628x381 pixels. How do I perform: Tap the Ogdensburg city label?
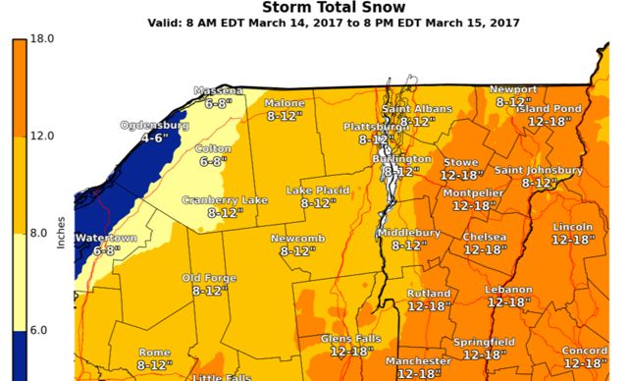[x=154, y=126]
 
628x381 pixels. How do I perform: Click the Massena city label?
[x=218, y=90]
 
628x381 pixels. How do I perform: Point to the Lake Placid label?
[x=319, y=190]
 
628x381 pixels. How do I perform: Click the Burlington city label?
[x=401, y=158]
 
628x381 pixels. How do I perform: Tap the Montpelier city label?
[x=473, y=192]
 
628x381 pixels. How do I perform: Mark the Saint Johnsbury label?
[x=539, y=170]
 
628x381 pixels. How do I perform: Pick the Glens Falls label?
[x=351, y=338]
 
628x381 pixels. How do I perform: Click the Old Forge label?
[x=210, y=278]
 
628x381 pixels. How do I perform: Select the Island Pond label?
[x=555, y=108]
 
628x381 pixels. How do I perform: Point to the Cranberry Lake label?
[x=225, y=200]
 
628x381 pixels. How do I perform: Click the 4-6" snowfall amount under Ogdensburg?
[x=156, y=138]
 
